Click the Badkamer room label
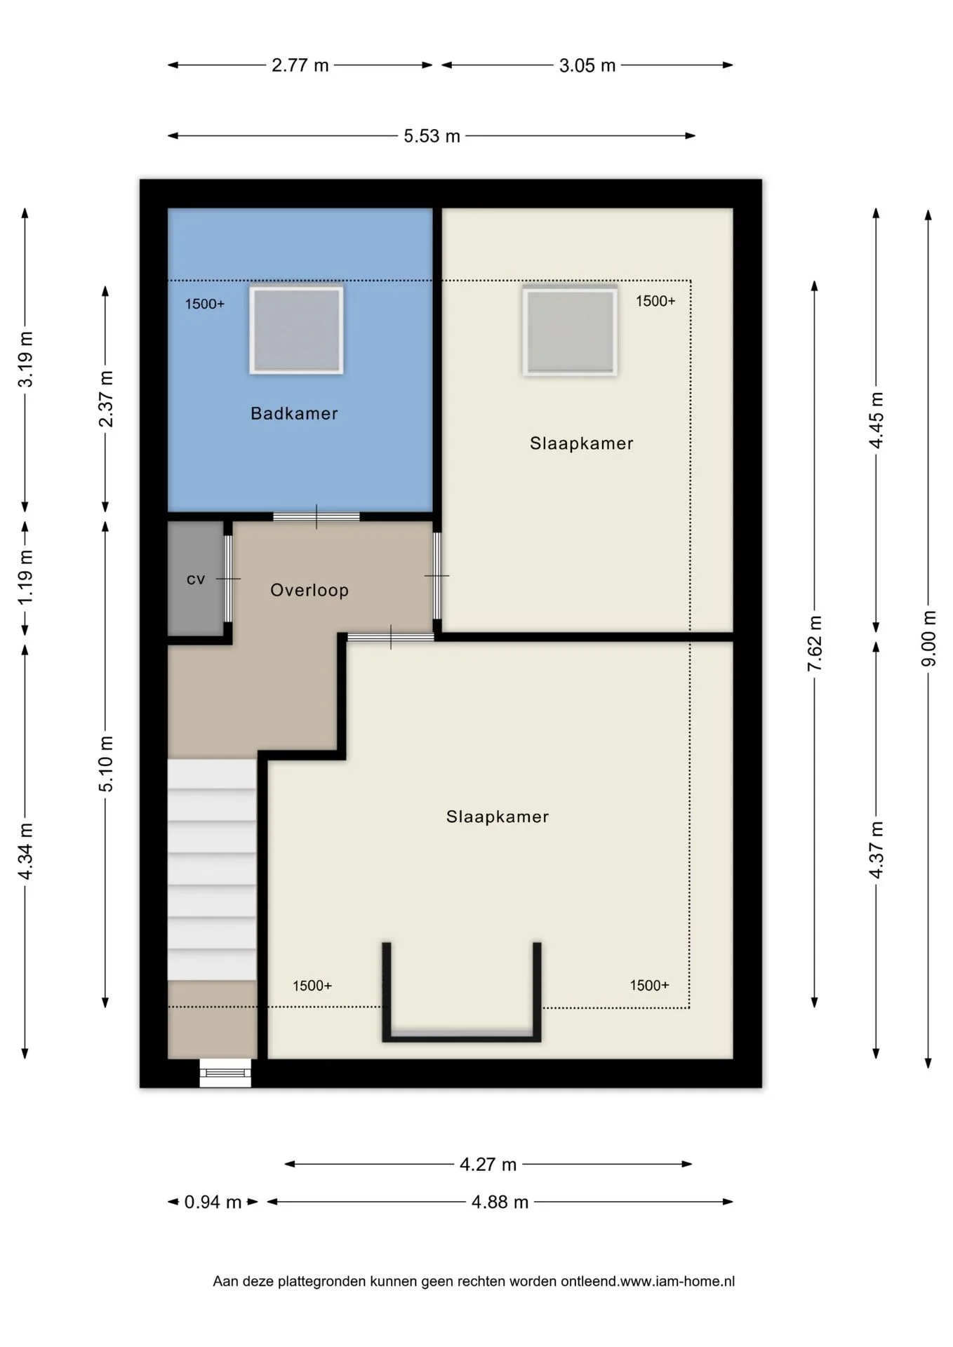pos(294,413)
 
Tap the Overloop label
pos(309,590)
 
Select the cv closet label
pos(196,579)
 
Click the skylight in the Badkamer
pos(296,330)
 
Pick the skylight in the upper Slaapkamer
pos(570,330)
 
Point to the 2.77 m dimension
pos(300,65)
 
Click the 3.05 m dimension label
pos(587,65)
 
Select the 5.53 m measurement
pos(432,135)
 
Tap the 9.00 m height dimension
pos(928,638)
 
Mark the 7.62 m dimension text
pos(815,643)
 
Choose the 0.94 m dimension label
pos(213,1202)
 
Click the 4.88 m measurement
pos(500,1202)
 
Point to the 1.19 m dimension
pos(25,577)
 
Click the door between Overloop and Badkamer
pos(316,517)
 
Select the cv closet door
pos(228,579)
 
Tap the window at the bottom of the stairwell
pos(225,1073)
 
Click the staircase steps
pos(211,870)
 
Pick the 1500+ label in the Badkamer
pos(205,304)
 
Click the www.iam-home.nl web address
pos(677,1281)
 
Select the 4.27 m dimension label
pos(488,1165)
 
